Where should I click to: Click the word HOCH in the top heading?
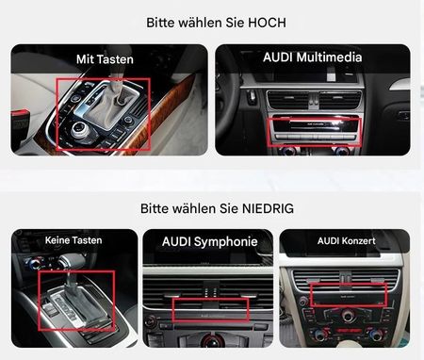(267, 23)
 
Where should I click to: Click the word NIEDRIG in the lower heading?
(269, 208)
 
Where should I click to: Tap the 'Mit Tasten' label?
(105, 59)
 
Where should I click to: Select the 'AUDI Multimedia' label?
(313, 57)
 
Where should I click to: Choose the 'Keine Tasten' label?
(73, 240)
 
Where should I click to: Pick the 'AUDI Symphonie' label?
(210, 241)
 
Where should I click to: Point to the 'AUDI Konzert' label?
(346, 241)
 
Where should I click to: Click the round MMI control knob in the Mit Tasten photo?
(80, 130)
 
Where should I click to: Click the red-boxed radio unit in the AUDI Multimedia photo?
(314, 132)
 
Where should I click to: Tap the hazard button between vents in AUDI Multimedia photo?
(314, 101)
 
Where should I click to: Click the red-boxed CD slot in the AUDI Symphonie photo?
(210, 310)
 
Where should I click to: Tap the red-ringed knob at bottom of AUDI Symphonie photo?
(210, 341)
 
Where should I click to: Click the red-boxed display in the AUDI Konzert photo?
(349, 295)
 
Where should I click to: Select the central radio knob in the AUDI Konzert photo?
(348, 316)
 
